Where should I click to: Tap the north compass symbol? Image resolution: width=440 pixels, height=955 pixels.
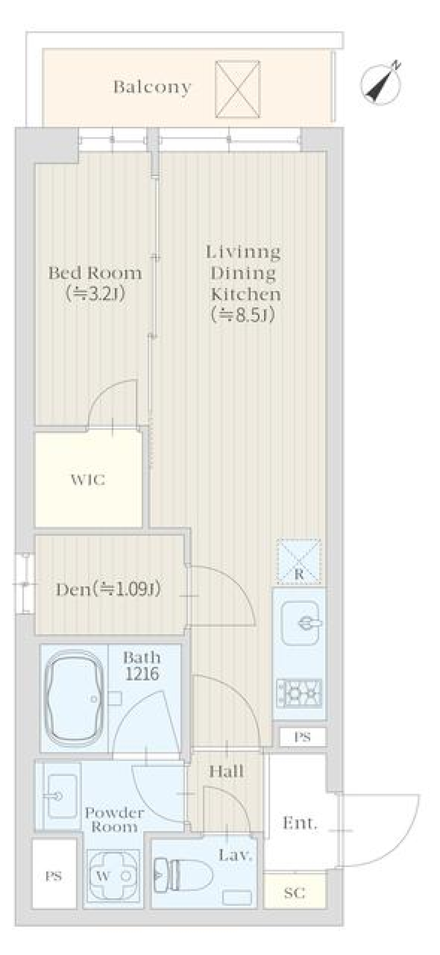click(x=381, y=83)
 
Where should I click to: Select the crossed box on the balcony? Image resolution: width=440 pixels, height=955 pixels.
click(x=237, y=89)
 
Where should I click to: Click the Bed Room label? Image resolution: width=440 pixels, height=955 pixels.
click(x=95, y=273)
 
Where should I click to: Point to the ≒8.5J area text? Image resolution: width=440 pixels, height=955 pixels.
click(x=243, y=315)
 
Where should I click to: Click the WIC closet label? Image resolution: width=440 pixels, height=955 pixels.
click(x=88, y=480)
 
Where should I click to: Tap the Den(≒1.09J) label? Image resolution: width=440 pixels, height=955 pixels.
click(x=108, y=589)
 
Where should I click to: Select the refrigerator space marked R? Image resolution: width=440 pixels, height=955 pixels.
click(x=299, y=562)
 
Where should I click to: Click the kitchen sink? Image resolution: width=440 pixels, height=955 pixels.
click(x=300, y=623)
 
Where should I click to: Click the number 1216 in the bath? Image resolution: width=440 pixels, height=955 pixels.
click(x=141, y=673)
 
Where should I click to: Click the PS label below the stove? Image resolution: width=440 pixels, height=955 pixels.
click(x=302, y=737)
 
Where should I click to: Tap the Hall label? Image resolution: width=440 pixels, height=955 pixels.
click(x=226, y=771)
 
